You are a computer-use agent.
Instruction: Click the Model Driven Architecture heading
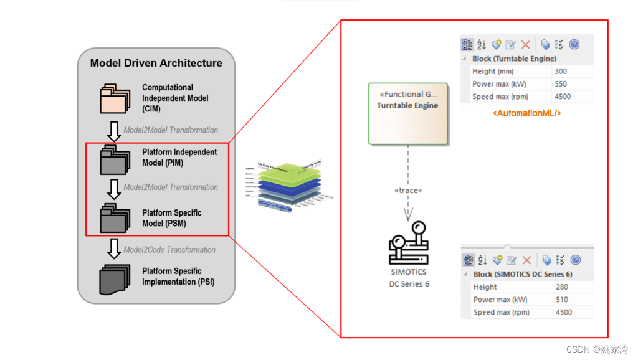coord(156,63)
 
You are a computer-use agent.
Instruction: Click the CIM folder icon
coord(115,98)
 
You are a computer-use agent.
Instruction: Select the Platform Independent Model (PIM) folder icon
coord(115,159)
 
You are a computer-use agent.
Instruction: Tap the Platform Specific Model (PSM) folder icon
coord(115,219)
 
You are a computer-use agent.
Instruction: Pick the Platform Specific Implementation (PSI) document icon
coord(115,278)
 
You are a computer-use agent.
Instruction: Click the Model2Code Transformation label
coord(169,250)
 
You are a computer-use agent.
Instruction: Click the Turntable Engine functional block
coord(408,113)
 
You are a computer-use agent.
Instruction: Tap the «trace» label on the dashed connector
coord(408,190)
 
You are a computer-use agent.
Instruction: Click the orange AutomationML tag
coord(526,113)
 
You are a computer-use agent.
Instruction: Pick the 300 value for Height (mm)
coord(561,72)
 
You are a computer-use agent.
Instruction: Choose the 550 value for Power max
coord(561,84)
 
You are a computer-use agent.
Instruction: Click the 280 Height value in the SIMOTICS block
coord(562,287)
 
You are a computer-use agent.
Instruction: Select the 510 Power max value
coord(562,300)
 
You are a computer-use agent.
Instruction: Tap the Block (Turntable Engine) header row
coord(514,59)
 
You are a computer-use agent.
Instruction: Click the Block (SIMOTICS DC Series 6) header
coord(522,274)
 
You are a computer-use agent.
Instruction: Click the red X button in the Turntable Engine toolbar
coord(525,45)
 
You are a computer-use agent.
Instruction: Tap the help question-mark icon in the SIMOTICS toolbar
coord(575,260)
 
